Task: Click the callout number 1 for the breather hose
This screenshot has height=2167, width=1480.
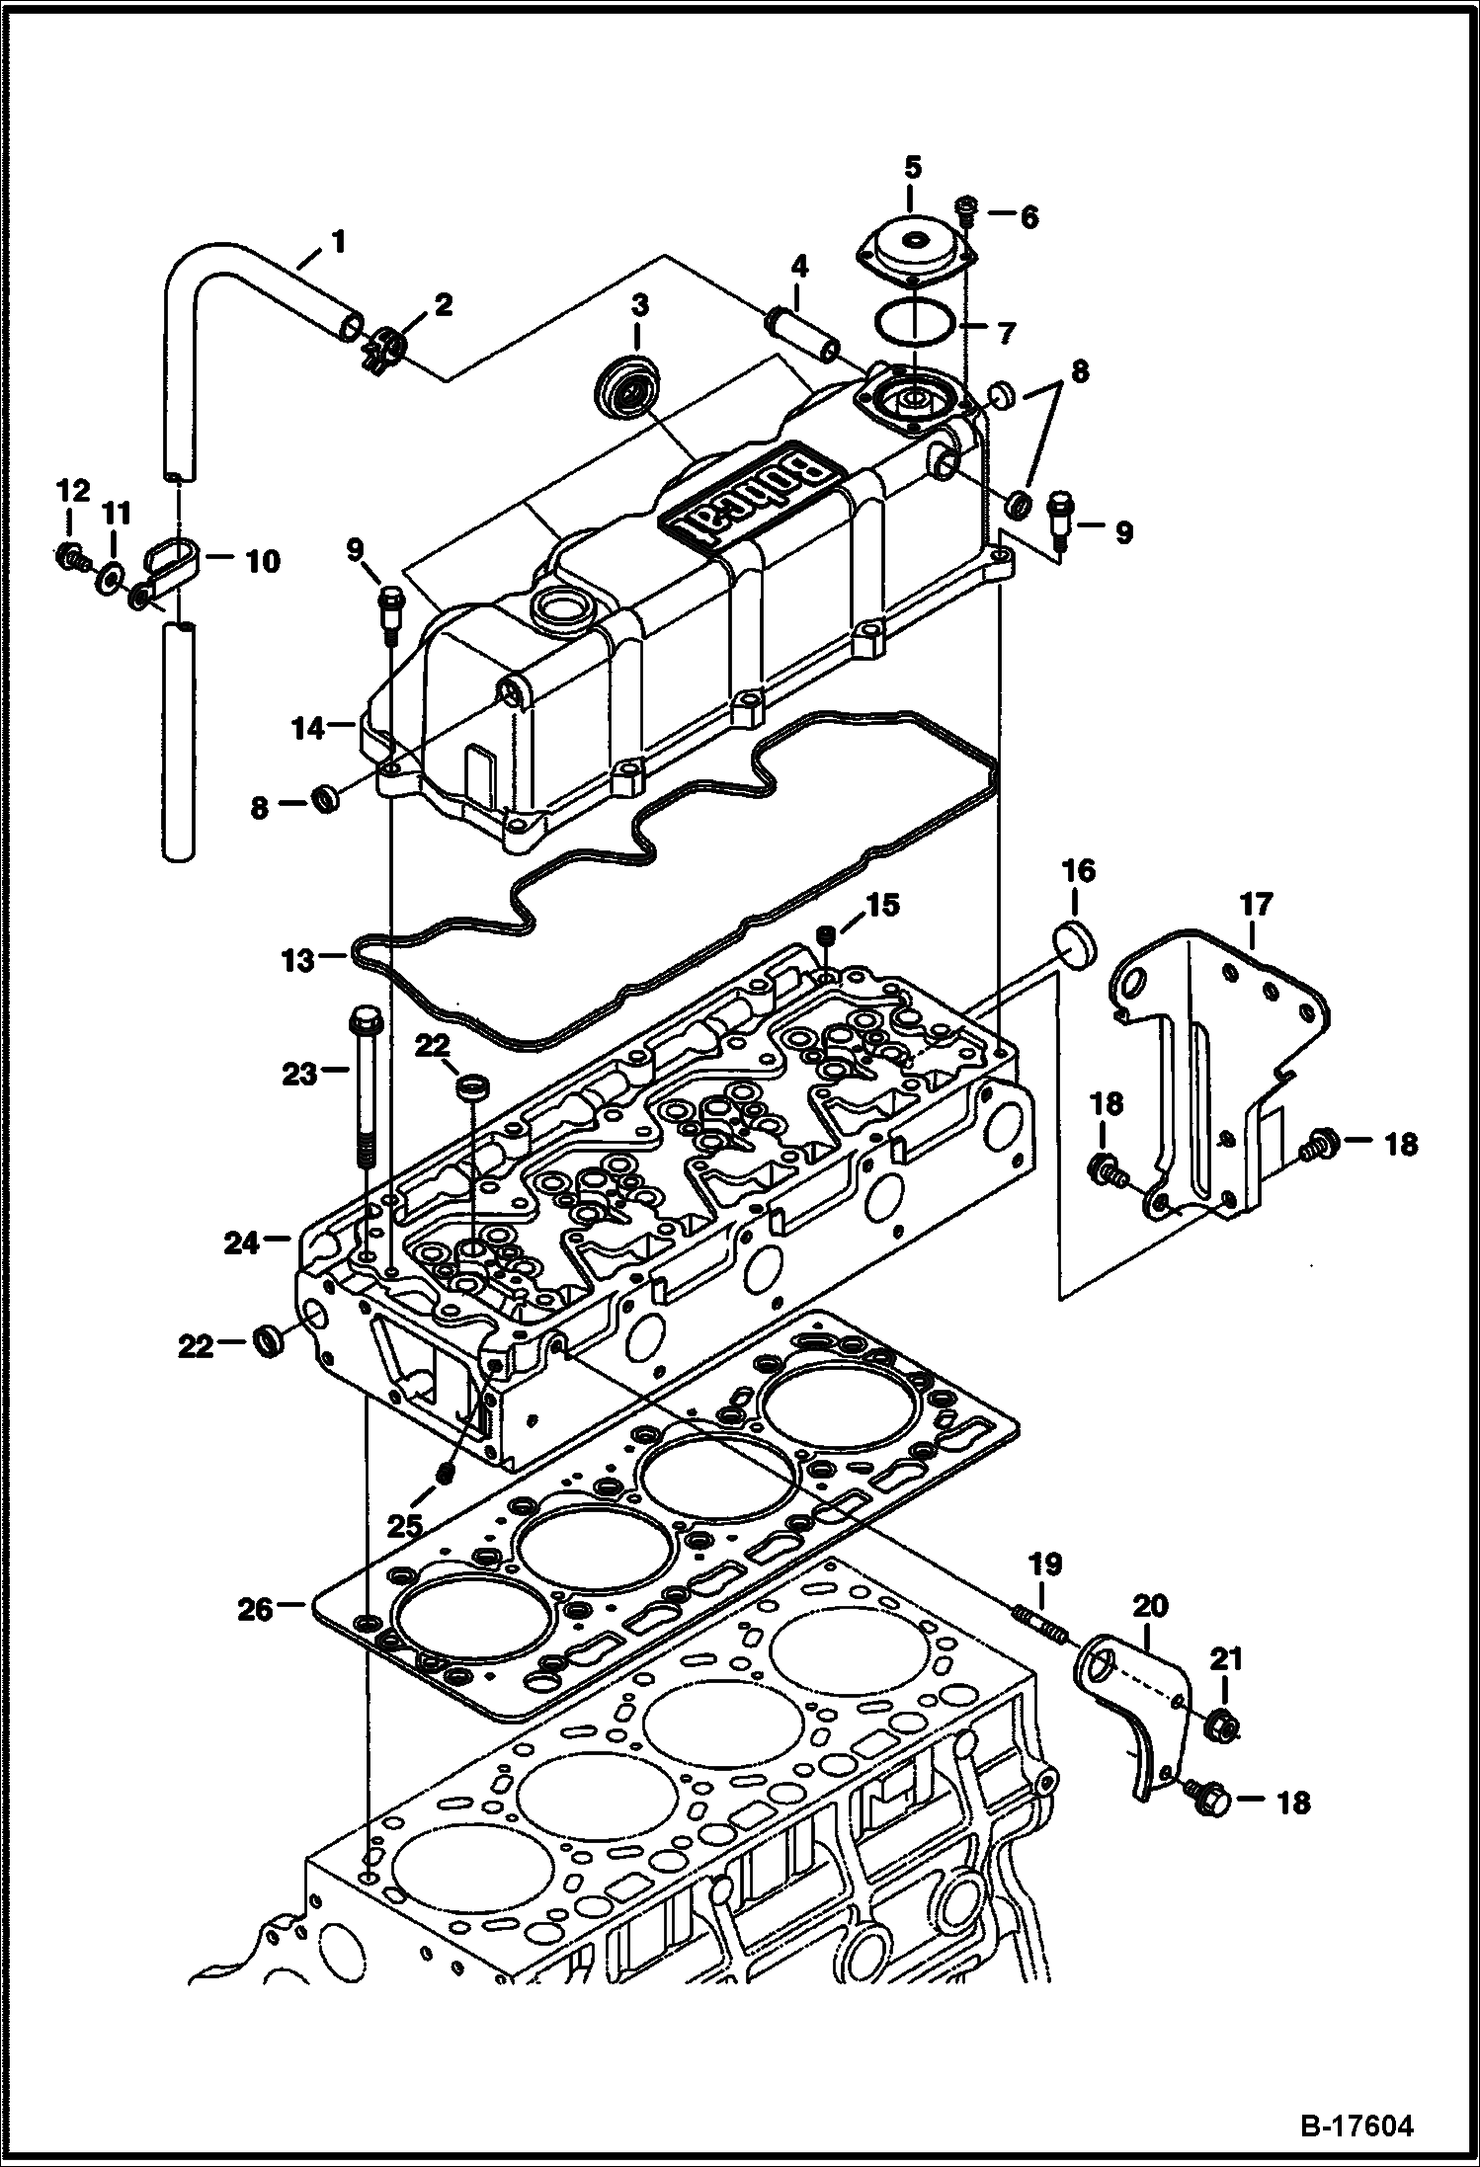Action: [337, 240]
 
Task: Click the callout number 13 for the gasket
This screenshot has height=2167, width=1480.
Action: [297, 959]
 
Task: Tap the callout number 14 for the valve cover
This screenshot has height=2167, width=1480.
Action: [307, 729]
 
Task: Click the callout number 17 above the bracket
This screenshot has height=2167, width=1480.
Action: [1257, 905]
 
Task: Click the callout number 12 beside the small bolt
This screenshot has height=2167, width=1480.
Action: [72, 491]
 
